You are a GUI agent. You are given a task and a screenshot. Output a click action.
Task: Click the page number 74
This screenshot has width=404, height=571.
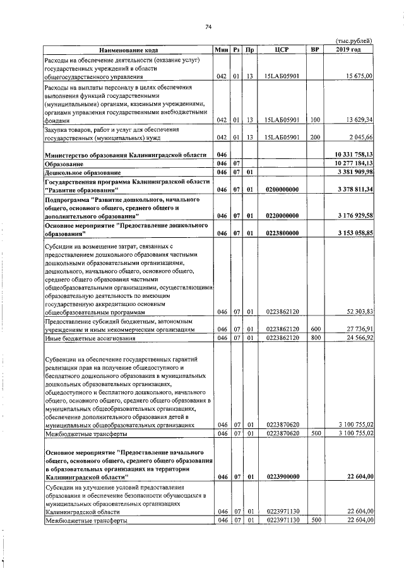208,26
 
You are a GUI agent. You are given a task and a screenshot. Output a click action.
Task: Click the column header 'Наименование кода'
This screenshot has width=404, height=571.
128,50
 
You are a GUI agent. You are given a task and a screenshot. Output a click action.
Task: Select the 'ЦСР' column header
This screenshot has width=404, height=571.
282,50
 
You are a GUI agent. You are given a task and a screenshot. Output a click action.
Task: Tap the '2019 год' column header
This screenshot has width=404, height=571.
349,50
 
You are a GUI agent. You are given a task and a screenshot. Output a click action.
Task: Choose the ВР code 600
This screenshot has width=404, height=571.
314,329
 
